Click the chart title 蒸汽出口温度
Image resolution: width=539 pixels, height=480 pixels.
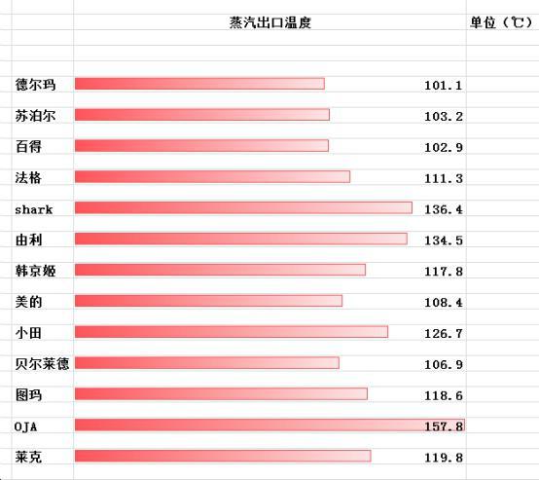click(x=269, y=22)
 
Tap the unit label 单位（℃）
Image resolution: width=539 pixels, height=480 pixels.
click(x=500, y=22)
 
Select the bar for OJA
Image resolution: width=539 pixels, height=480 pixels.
click(x=269, y=425)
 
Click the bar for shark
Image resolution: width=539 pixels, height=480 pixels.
click(x=243, y=208)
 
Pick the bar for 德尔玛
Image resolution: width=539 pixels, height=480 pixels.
click(x=199, y=84)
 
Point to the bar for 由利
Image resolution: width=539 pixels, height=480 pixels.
click(x=240, y=240)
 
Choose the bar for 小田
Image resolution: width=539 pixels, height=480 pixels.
click(x=231, y=332)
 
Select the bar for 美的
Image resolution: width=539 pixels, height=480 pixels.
click(x=208, y=301)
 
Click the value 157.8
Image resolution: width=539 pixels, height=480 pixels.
click(x=444, y=426)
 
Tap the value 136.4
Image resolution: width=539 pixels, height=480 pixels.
click(x=444, y=209)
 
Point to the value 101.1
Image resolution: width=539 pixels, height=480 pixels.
click(x=444, y=86)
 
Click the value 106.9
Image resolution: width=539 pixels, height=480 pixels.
click(x=444, y=364)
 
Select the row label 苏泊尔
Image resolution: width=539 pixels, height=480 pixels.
click(x=36, y=116)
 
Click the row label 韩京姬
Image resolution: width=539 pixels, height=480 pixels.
click(x=36, y=270)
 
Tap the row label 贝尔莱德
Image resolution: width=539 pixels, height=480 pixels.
click(x=42, y=363)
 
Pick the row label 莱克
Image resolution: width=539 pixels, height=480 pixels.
click(x=28, y=456)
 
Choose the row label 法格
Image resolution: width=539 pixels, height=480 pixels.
click(x=28, y=177)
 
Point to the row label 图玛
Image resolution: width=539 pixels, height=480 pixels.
click(x=28, y=394)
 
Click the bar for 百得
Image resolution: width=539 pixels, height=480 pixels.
click(x=201, y=146)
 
